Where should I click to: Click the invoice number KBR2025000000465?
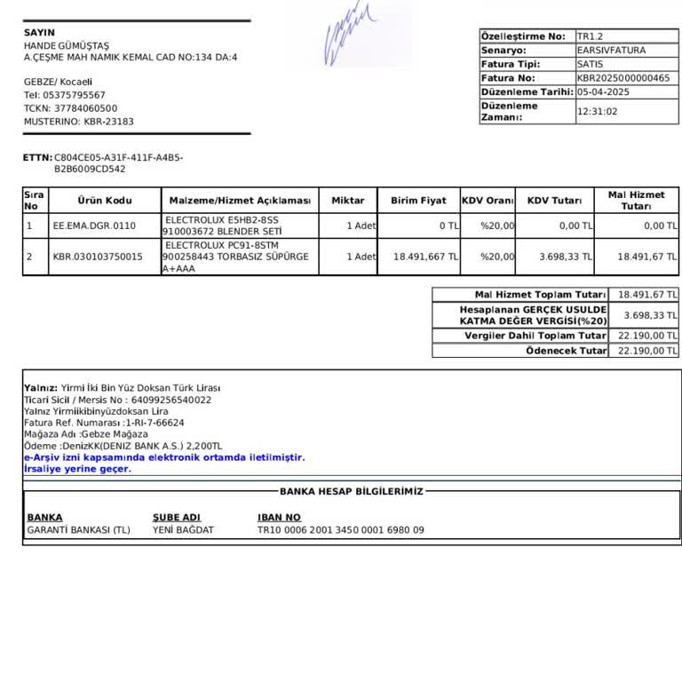tap(623, 78)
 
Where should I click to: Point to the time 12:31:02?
tap(597, 112)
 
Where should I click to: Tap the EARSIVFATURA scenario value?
tap(611, 51)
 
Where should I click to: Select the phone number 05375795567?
tap(74, 95)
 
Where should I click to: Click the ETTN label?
tap(37, 157)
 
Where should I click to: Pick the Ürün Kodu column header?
tap(105, 201)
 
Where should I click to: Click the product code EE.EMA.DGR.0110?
tap(94, 226)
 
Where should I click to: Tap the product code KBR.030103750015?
tap(98, 257)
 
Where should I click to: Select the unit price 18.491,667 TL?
tap(425, 257)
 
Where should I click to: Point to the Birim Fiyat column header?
tap(418, 201)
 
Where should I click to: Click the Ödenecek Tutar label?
tap(567, 351)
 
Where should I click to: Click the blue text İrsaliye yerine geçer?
tap(77, 469)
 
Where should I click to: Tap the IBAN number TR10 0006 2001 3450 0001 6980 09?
tap(341, 530)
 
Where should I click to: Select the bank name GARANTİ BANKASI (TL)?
tap(78, 530)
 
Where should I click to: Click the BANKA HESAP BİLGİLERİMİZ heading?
tap(352, 491)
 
